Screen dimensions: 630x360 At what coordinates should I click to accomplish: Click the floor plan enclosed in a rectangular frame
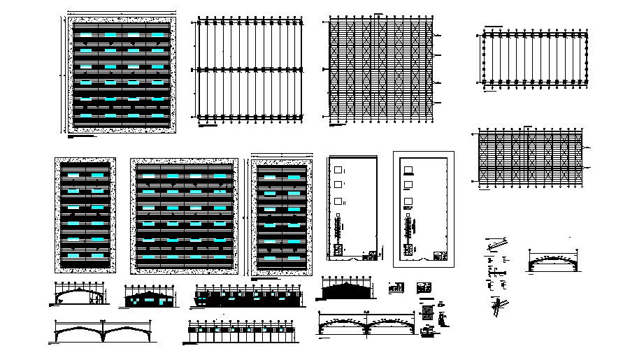(423, 209)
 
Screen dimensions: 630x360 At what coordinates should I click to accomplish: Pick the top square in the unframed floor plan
(339, 169)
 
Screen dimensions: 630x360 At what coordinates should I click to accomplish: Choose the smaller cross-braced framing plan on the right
(528, 157)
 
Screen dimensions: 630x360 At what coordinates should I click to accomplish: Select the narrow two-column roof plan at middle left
(85, 215)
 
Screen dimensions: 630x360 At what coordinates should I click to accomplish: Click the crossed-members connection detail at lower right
(499, 305)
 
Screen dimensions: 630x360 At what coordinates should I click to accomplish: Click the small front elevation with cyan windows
(149, 297)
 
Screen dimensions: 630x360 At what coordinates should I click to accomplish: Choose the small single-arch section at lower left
(78, 295)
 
